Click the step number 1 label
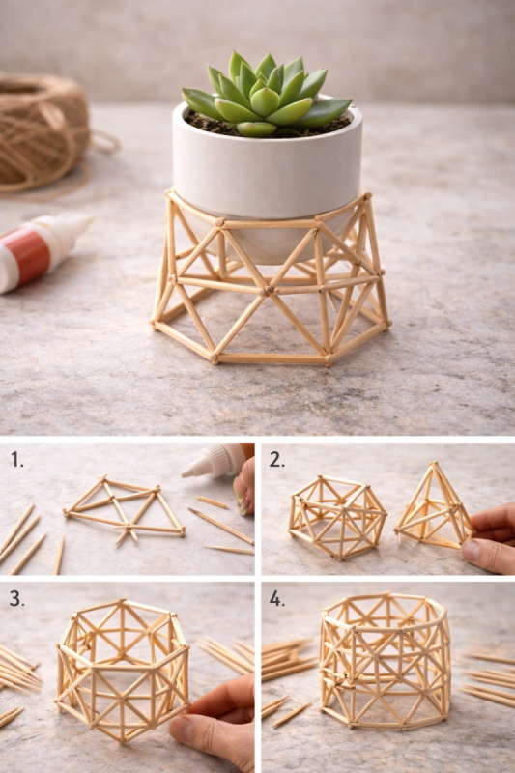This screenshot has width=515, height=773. tap(17, 460)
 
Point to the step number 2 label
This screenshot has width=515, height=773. tap(277, 460)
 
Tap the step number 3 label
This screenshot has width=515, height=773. tap(17, 598)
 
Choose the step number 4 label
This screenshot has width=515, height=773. tap(277, 598)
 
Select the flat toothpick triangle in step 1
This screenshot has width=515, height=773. tap(124, 510)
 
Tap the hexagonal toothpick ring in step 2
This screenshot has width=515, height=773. tap(337, 518)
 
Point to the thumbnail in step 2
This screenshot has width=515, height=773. tap(472, 551)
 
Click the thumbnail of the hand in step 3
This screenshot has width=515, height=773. tap(184, 730)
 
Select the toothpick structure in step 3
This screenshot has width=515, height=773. tap(123, 671)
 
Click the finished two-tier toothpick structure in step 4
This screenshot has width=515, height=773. tap(385, 661)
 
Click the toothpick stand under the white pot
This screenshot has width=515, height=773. tap(270, 281)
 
